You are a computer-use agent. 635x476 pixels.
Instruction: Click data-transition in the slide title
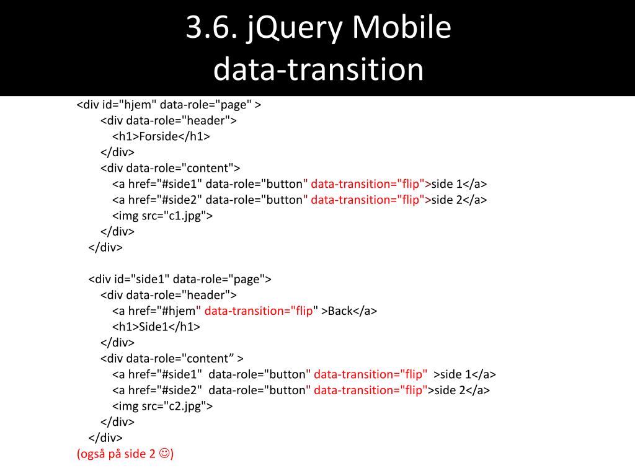point(318,69)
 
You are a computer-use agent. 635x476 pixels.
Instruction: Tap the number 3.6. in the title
point(211,29)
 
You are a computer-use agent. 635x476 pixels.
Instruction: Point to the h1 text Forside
point(159,136)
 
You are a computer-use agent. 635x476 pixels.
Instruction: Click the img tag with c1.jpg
point(162,216)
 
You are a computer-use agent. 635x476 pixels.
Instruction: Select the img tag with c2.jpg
point(162,406)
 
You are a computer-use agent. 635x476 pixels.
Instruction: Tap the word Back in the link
point(340,311)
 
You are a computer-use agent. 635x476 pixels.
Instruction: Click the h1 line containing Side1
point(156,327)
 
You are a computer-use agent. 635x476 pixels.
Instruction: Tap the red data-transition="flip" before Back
point(259,311)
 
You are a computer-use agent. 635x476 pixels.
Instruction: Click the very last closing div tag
point(105,438)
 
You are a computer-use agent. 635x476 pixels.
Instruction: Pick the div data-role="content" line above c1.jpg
point(171,168)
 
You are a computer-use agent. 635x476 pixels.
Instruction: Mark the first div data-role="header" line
point(169,120)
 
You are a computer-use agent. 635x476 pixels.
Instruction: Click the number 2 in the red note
point(153,454)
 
